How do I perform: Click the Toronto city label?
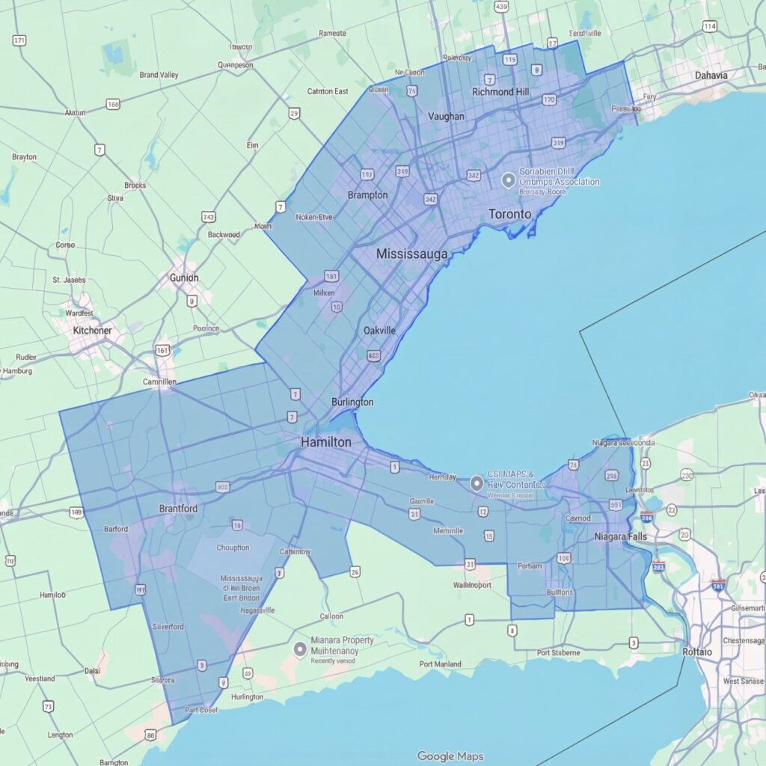coord(510,214)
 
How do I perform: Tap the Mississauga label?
coord(412,254)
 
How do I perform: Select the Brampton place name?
coord(368,195)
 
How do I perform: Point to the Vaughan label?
coord(446,116)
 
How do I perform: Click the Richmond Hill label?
coord(503,91)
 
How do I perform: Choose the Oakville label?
coord(379,331)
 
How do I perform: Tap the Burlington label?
coord(352,402)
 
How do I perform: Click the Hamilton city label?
coord(325,442)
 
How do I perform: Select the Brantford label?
coord(178,509)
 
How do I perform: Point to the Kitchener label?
coord(93,330)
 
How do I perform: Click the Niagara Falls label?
coord(621,536)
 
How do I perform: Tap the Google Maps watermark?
coord(450,756)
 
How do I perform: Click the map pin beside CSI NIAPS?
coord(476,483)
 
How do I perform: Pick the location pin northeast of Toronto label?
coord(508,180)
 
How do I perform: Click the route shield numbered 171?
coord(20,40)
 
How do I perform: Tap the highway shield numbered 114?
coord(710,27)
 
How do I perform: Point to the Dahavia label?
coord(711,76)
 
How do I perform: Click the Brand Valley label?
coord(159,75)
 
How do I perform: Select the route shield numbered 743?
coord(209,217)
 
